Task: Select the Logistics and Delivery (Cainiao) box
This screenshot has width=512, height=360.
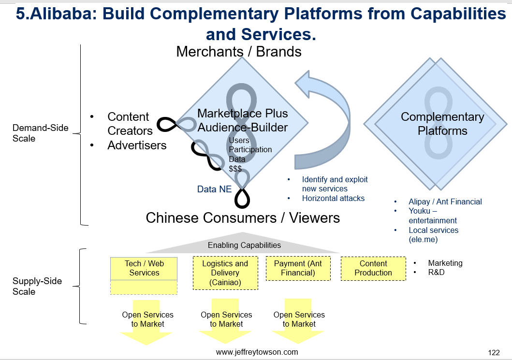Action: (x=225, y=273)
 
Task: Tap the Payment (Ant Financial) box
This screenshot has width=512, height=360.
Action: (x=298, y=268)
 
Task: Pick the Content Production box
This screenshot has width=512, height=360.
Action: (x=373, y=268)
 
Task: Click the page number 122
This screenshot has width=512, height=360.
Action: (x=494, y=352)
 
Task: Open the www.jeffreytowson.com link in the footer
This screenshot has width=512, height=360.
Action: (x=257, y=352)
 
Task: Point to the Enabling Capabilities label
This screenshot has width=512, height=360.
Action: (x=244, y=245)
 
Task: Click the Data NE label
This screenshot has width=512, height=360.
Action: (x=214, y=189)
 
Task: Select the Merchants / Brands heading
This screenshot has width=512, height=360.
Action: (x=239, y=52)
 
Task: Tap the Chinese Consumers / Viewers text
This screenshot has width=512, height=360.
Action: (x=243, y=218)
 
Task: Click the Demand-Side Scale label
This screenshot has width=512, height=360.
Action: (x=40, y=133)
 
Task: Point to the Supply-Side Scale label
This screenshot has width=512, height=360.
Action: (x=37, y=286)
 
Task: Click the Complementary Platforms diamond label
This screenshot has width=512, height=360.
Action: (x=442, y=124)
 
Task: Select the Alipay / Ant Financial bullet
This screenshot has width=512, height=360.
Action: (x=445, y=202)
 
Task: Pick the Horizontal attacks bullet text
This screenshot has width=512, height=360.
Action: (x=333, y=198)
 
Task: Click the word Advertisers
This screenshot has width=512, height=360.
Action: (x=137, y=145)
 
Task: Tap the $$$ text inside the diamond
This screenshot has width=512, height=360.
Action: (x=235, y=169)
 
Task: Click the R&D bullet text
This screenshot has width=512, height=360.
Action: (x=436, y=272)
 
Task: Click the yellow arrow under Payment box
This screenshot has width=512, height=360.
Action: (x=298, y=321)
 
